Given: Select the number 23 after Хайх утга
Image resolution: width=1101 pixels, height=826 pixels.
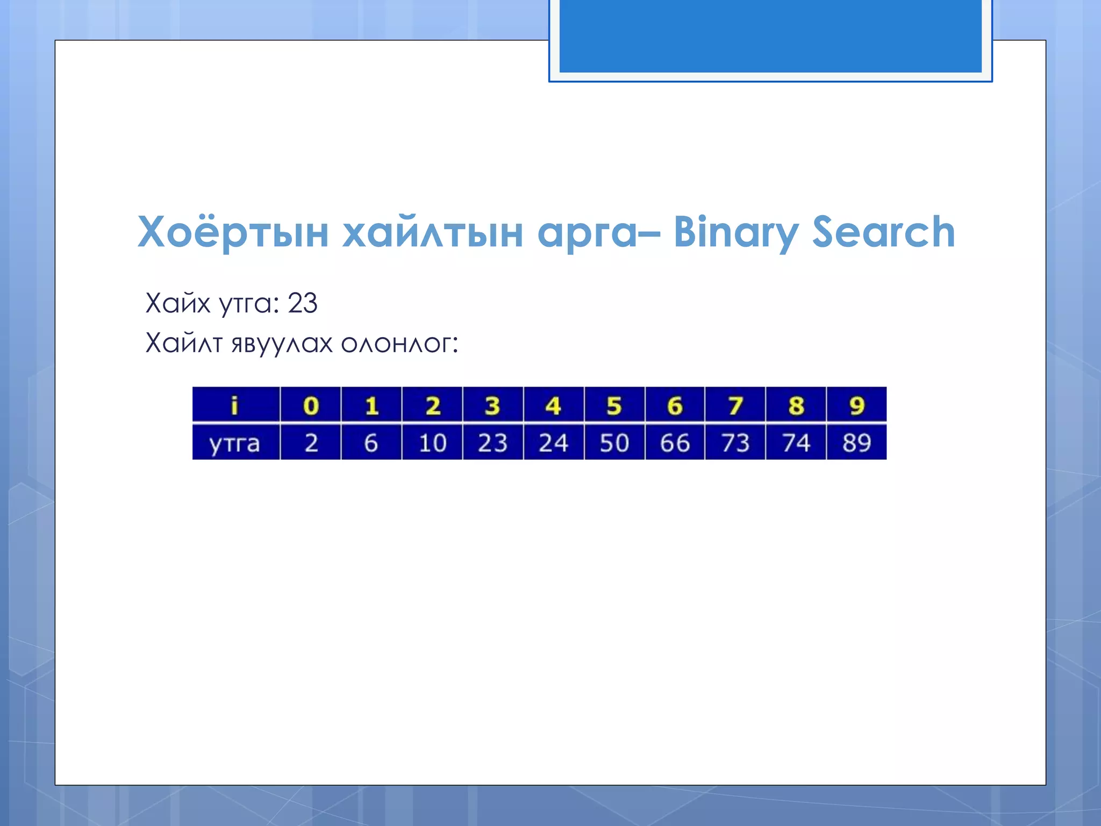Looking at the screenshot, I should [302, 303].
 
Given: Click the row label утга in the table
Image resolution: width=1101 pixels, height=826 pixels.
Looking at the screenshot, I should [234, 443].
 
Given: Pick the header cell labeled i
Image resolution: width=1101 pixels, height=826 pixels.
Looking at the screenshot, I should [234, 405].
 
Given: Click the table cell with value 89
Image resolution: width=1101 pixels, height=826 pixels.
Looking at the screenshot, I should [856, 443].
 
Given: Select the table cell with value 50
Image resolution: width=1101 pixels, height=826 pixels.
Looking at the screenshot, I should [614, 443].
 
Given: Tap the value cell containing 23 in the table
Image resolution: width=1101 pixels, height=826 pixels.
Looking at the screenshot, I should [492, 443].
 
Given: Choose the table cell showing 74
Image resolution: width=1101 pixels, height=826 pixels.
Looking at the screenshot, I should [796, 443].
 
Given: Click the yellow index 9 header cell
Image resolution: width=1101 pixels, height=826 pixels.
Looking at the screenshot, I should [856, 405].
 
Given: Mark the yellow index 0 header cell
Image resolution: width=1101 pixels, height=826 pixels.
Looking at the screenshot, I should [311, 405].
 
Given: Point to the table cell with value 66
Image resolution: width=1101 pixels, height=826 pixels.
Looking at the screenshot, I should [675, 443].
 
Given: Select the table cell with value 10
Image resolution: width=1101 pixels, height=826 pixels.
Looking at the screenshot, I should [432, 443].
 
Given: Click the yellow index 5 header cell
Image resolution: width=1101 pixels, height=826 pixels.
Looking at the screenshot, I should [614, 405].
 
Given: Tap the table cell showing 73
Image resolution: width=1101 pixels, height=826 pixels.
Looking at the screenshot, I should [735, 443].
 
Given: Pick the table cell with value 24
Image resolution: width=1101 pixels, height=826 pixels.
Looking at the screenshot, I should [553, 443].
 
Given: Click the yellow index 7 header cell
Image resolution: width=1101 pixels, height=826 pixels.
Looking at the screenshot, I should [735, 405].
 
